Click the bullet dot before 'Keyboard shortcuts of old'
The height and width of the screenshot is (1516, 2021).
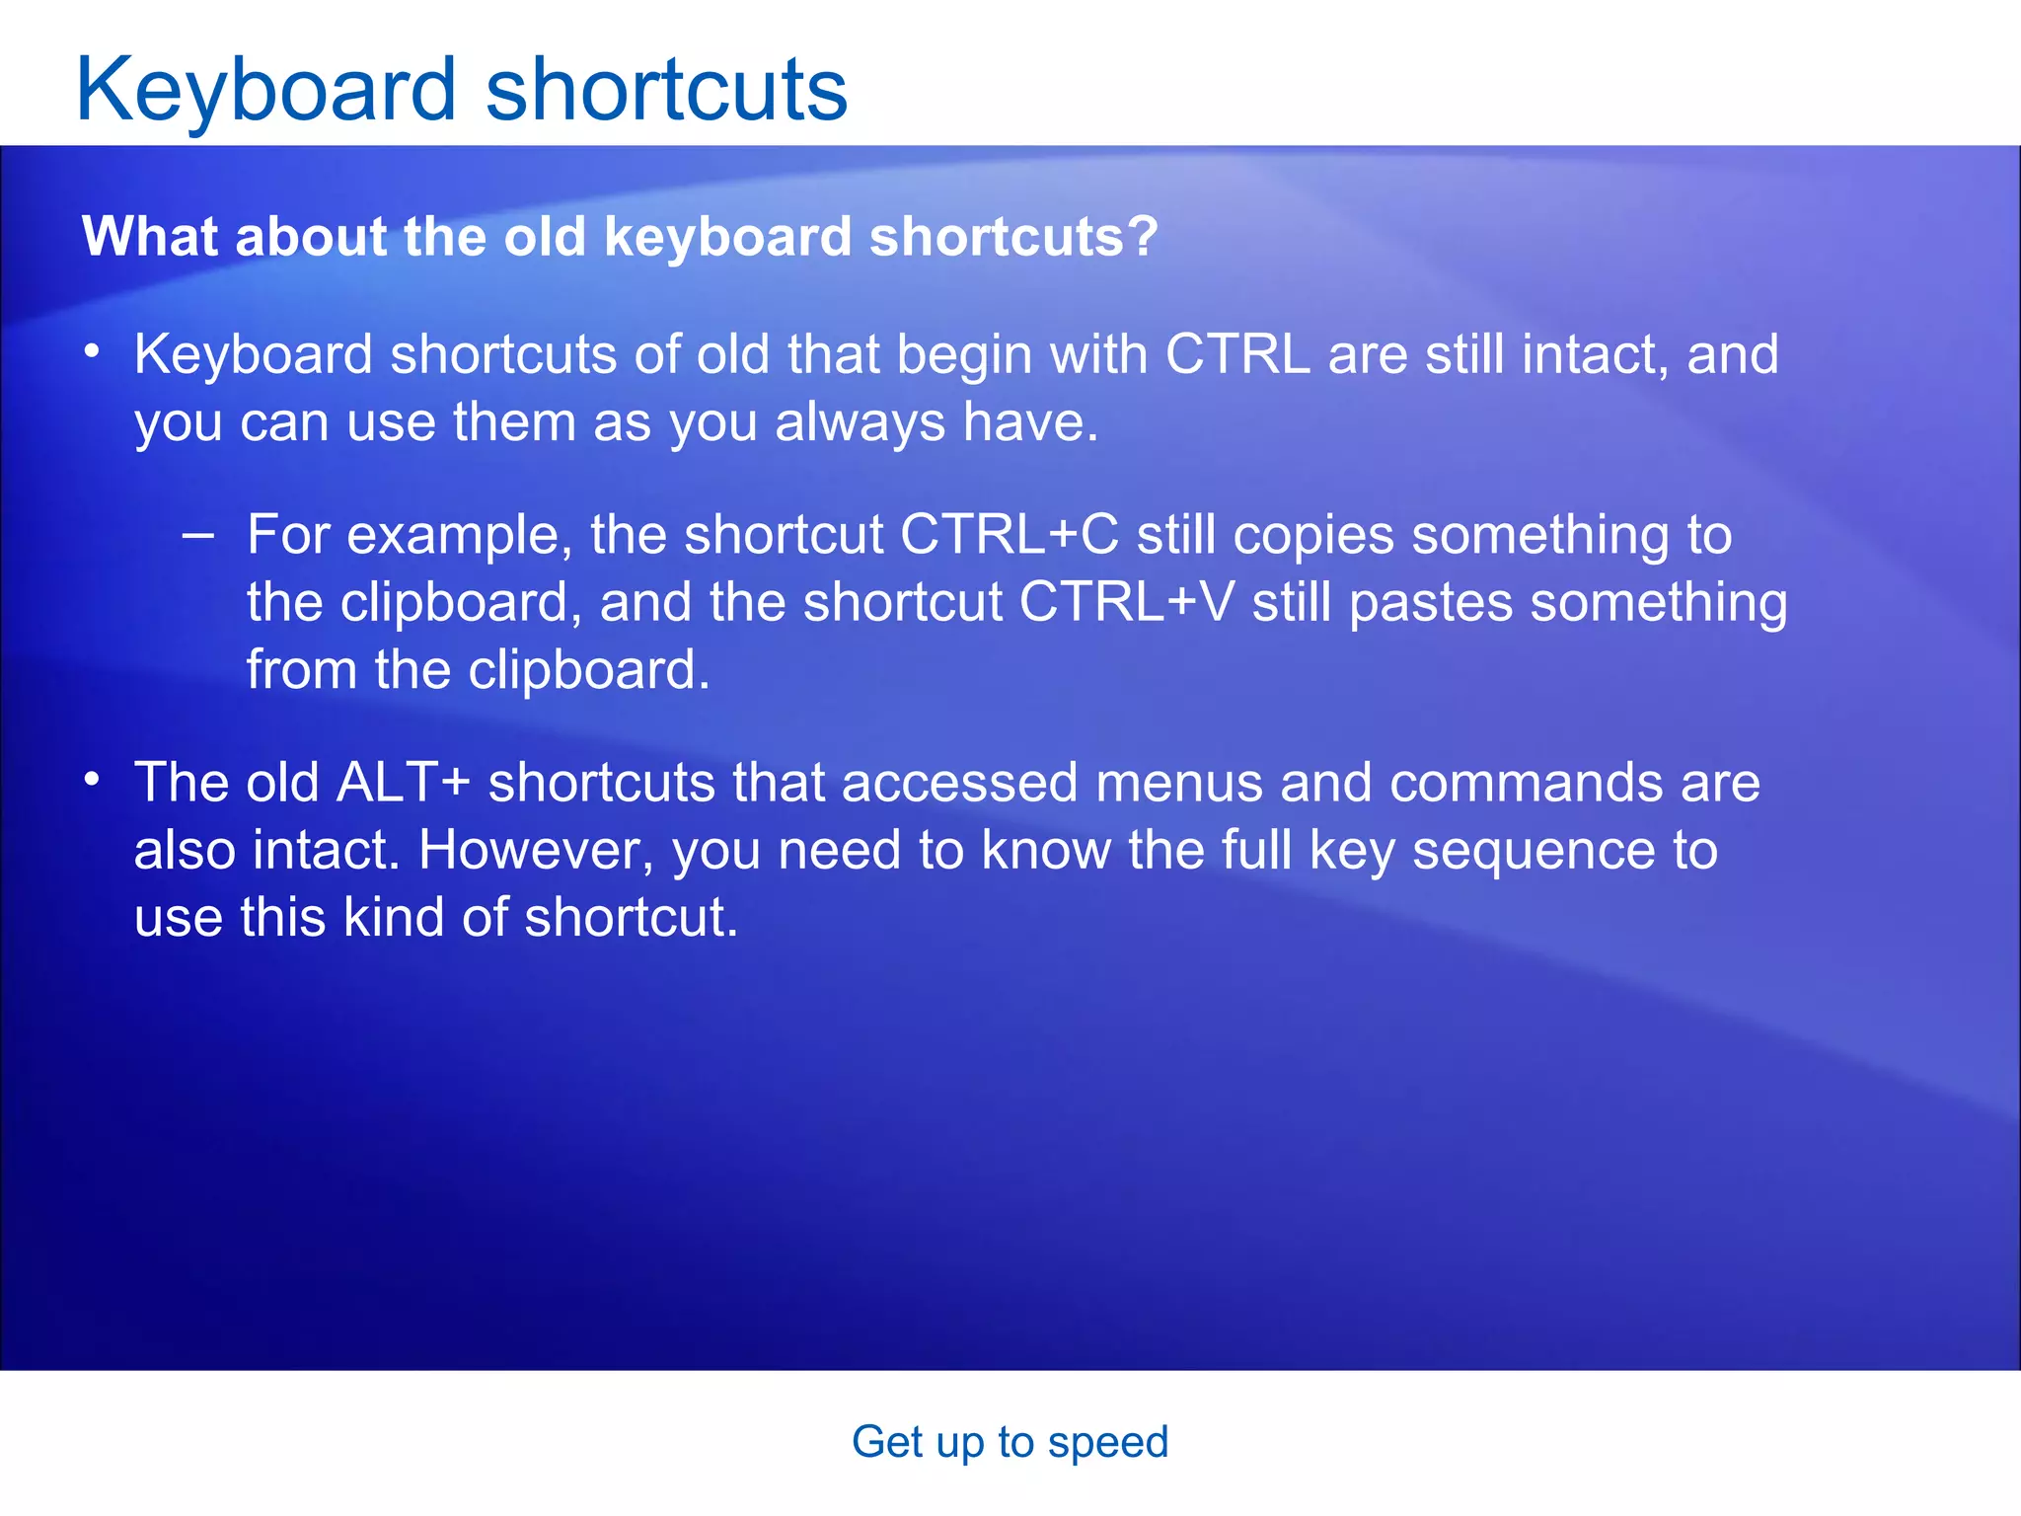tap(92, 351)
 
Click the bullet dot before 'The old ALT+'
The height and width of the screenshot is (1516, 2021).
tap(92, 780)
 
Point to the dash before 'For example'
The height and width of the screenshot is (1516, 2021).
tap(198, 535)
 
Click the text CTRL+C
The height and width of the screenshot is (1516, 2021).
tap(1009, 535)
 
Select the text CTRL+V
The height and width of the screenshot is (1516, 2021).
tap(1126, 602)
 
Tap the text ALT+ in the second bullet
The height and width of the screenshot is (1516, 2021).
tap(403, 783)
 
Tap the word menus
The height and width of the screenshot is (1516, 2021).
tap(1178, 783)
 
